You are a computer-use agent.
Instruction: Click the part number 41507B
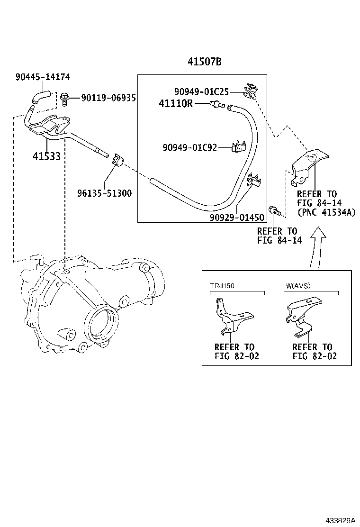pos(204,62)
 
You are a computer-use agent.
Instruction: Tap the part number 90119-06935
pos(108,98)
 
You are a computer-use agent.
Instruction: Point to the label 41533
pos(47,156)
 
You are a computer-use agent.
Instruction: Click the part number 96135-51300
pos(105,193)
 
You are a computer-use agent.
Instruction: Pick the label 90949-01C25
pos(201,91)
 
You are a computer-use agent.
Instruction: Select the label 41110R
pos(176,103)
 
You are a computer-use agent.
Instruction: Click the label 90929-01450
pos(236,217)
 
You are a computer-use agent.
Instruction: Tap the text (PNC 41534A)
pos(326,212)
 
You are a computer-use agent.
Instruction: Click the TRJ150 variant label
pos(223,286)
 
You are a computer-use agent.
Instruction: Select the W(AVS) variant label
pos(299,286)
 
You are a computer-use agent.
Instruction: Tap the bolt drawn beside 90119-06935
pos(65,98)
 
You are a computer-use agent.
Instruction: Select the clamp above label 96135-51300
pos(117,161)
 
